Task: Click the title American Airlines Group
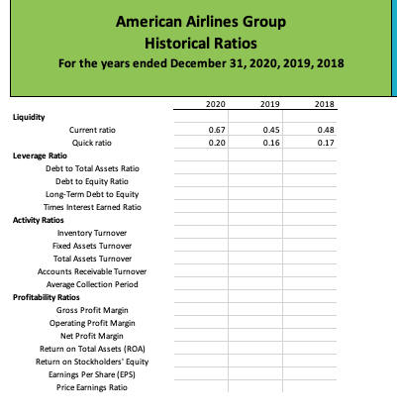[x=200, y=22]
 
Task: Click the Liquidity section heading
[x=28, y=116]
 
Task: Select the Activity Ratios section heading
[x=36, y=219]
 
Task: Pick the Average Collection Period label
[x=90, y=284]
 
